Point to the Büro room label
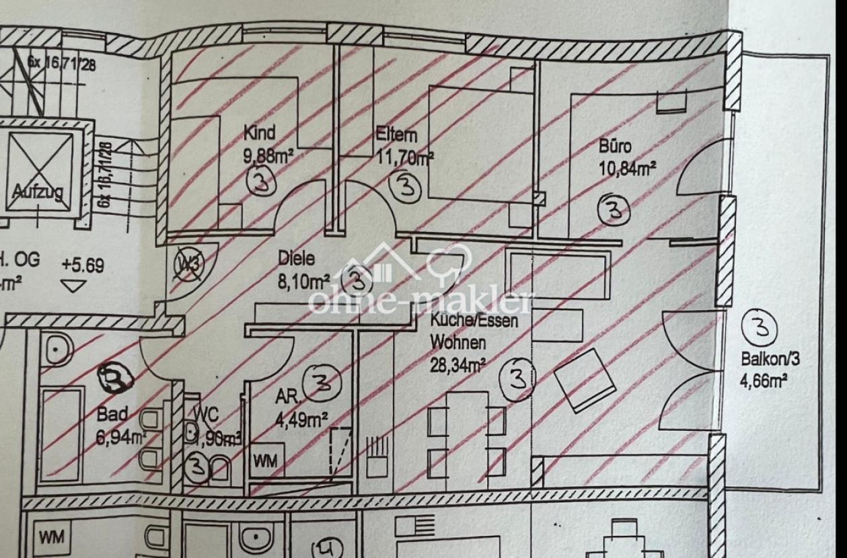click(x=615, y=145)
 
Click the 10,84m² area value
click(x=627, y=167)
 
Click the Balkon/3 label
click(x=770, y=359)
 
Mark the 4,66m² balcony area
click(x=764, y=382)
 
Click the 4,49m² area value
click(x=300, y=422)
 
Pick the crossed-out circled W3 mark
click(x=190, y=263)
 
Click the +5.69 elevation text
click(x=83, y=266)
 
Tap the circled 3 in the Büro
click(x=614, y=210)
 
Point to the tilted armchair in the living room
click(x=585, y=381)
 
